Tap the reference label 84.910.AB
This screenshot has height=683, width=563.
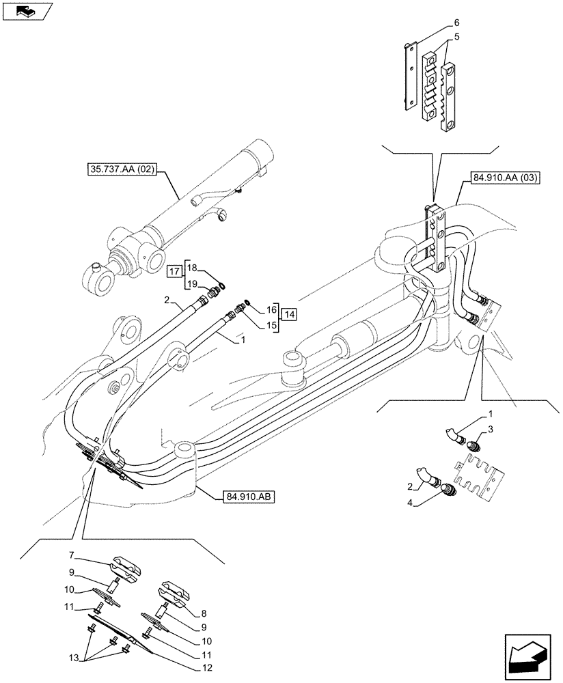(x=247, y=497)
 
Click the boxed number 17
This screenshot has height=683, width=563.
(x=174, y=271)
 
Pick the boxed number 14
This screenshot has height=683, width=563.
(x=290, y=314)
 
